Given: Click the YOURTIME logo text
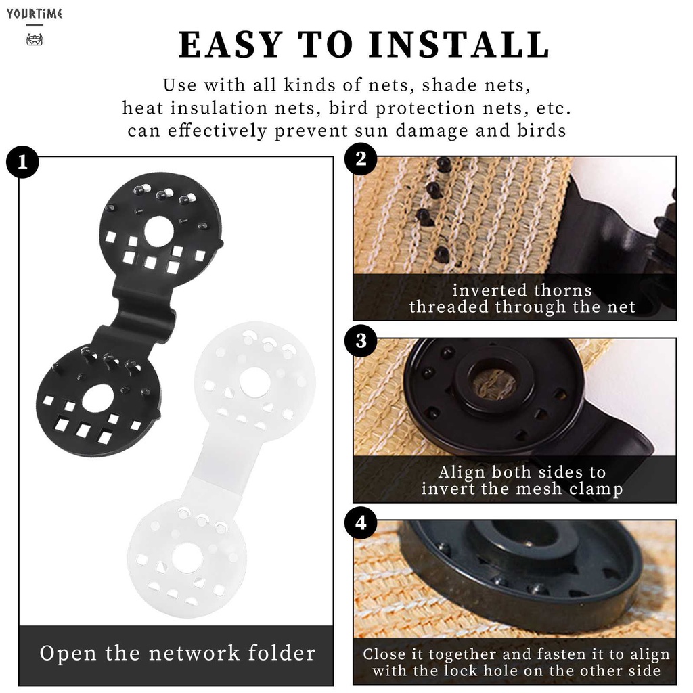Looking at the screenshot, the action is pyautogui.click(x=34, y=14).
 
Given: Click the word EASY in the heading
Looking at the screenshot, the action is pyautogui.click(x=230, y=45).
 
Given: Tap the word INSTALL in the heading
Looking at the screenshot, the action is pyautogui.click(x=460, y=45).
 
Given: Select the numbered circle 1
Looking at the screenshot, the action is pyautogui.click(x=22, y=162).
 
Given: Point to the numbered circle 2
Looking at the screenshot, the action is pyautogui.click(x=361, y=158).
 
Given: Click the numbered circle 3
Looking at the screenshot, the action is pyautogui.click(x=361, y=341).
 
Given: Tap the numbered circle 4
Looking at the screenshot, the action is pyautogui.click(x=361, y=523).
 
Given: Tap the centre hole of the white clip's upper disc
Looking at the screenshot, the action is pyautogui.click(x=254, y=382).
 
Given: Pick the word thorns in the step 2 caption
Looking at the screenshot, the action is pyautogui.click(x=562, y=290).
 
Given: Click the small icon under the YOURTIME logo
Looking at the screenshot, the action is pyautogui.click(x=35, y=40).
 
